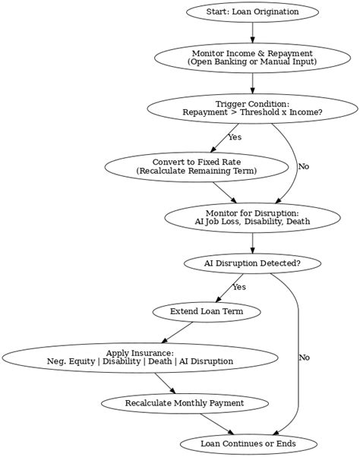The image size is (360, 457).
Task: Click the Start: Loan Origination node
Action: (x=252, y=11)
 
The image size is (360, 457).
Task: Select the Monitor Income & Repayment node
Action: (x=252, y=58)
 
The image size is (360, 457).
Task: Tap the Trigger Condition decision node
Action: (x=252, y=108)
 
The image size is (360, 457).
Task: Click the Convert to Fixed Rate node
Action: (x=197, y=166)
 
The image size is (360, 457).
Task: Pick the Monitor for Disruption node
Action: (x=252, y=216)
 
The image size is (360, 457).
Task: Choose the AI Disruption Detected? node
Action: (x=252, y=263)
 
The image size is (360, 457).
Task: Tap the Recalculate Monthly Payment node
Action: (x=185, y=402)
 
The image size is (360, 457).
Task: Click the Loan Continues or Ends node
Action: (x=248, y=443)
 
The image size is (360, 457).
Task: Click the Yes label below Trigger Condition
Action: (x=235, y=137)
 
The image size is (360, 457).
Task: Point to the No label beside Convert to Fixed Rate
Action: (x=304, y=166)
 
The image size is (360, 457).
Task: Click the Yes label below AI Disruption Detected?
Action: (x=239, y=287)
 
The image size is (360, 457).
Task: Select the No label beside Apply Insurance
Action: (x=304, y=357)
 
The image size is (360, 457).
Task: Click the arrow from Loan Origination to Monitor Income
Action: (x=252, y=33)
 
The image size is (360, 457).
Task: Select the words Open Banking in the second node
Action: (x=229, y=62)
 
